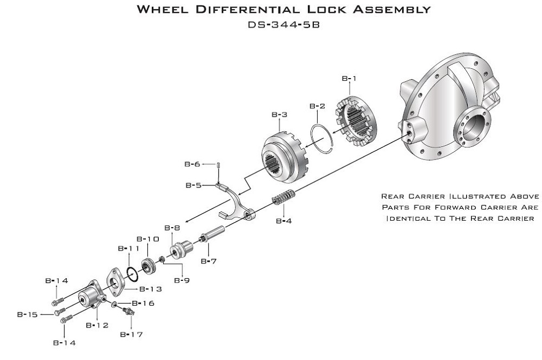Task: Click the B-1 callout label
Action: tap(349, 79)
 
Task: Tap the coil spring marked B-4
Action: tap(283, 197)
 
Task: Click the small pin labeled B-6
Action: tap(218, 165)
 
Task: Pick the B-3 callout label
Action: tap(279, 114)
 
